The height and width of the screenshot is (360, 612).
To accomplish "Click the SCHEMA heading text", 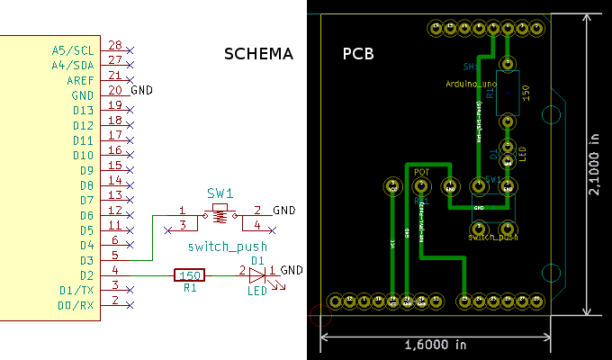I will click(258, 54).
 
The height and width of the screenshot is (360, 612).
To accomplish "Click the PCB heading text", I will click(358, 54).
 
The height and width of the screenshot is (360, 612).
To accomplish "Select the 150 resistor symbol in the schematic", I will click(189, 275).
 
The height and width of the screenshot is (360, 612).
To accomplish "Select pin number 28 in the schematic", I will click(114, 45).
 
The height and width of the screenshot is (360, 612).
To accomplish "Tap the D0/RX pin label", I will click(76, 305).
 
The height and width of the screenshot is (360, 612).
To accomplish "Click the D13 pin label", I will click(83, 110).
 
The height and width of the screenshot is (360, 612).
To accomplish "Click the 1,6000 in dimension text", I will click(436, 345).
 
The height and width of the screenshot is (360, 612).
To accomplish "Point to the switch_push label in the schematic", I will click(228, 247).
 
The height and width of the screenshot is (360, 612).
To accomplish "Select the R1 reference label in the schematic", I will click(189, 290).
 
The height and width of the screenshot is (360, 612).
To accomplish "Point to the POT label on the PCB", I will click(422, 170).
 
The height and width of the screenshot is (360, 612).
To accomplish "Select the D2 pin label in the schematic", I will click(86, 275).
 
